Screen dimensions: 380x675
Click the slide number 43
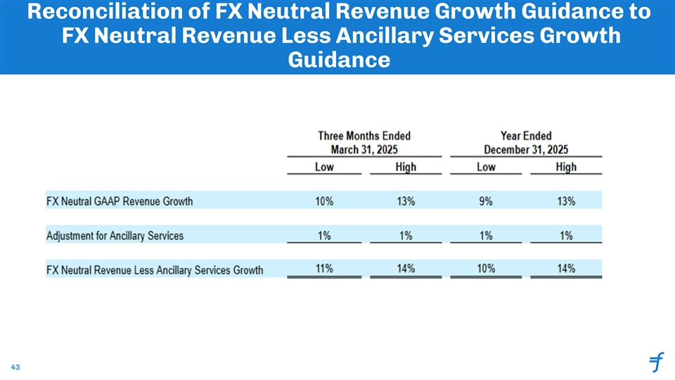click(15, 367)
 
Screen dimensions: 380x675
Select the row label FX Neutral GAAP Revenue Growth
click(120, 201)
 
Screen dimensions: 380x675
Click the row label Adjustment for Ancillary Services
click(115, 236)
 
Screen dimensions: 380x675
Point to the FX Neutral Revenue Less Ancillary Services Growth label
click(155, 270)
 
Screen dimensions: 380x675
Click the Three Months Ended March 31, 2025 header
click(364, 142)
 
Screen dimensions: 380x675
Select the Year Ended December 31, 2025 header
click(526, 142)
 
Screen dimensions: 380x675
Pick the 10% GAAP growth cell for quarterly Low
click(324, 201)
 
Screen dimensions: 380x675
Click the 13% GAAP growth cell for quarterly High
click(405, 201)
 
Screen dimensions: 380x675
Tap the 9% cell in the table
click(486, 201)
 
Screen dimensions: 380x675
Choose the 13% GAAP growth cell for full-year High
click(565, 201)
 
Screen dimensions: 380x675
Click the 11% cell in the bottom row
click(324, 268)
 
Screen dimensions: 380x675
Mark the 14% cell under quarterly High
click(405, 268)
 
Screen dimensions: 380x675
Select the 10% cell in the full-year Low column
click(486, 268)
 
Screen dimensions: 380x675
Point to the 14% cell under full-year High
click(565, 268)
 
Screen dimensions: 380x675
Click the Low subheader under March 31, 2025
click(324, 167)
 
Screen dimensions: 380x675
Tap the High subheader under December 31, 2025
click(566, 167)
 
